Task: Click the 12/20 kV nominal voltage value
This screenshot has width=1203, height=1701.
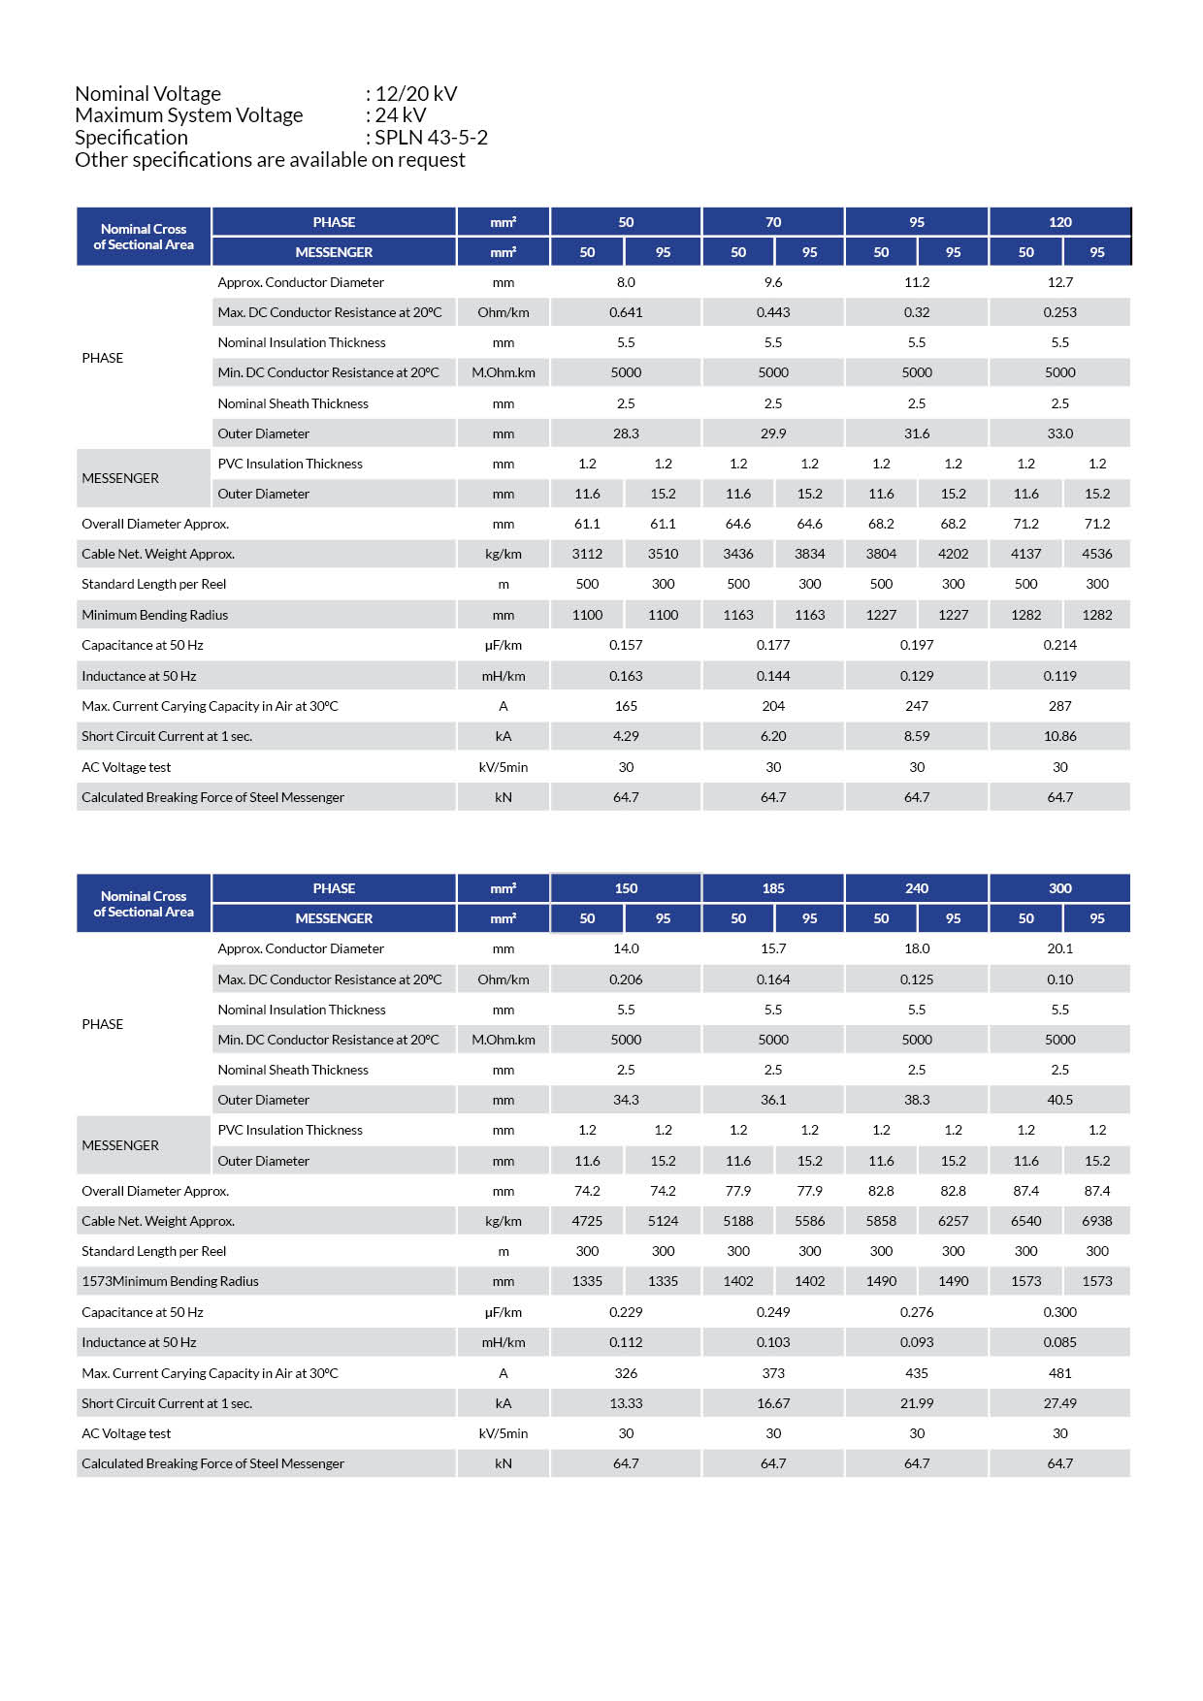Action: tap(416, 93)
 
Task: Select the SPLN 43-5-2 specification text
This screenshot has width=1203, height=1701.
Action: tap(431, 137)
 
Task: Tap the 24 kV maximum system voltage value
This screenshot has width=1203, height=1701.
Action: tap(400, 114)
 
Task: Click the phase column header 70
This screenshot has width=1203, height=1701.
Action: tap(773, 222)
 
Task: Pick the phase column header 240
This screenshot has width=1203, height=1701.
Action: tap(917, 888)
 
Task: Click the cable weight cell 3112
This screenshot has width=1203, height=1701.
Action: tap(587, 554)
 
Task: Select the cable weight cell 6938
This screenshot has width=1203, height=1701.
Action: tap(1097, 1221)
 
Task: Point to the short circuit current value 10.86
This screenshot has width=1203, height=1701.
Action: tap(1059, 736)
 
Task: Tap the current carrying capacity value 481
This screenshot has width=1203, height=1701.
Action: tap(1059, 1373)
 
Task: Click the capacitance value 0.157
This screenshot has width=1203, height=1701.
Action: tap(626, 645)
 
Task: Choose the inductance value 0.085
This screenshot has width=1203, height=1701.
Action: tap(1059, 1342)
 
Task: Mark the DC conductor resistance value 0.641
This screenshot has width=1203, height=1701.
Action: tap(626, 312)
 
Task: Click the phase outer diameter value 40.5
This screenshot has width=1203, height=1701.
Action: tap(1059, 1100)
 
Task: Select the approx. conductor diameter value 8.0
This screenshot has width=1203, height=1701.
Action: tap(626, 282)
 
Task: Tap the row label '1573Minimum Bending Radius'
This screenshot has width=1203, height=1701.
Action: tap(170, 1281)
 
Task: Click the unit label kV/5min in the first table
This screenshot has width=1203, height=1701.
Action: tap(503, 767)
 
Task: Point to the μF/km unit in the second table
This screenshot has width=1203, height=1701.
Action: tap(503, 1312)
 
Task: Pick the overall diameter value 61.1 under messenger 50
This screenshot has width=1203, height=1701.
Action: tap(587, 524)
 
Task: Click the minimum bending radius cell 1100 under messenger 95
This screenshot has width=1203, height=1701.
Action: tap(663, 615)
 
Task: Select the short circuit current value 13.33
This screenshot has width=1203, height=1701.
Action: tap(626, 1403)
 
